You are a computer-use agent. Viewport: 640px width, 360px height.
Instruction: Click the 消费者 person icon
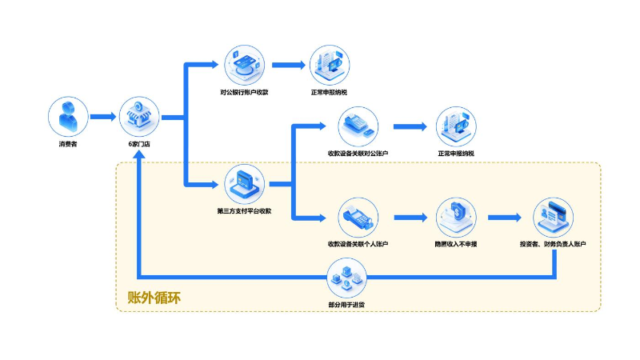67,117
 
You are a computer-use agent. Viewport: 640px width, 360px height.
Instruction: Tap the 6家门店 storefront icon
139,117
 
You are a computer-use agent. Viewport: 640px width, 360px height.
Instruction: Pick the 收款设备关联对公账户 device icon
358,126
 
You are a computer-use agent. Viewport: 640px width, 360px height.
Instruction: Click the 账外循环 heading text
154,298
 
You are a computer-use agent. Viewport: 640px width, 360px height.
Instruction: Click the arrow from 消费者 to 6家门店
103,117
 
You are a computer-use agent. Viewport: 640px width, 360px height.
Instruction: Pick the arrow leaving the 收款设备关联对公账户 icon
410,126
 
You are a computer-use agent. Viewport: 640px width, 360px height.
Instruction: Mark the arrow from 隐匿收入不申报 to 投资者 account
505,217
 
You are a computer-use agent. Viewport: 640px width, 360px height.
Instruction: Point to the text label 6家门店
139,144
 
